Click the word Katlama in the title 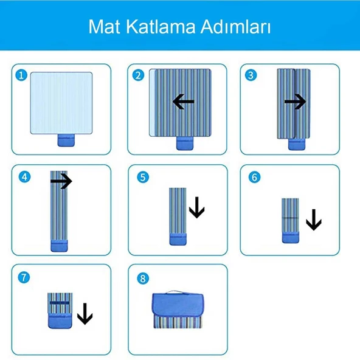tap(161, 26)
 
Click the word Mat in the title tap(104, 27)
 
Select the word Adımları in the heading tap(235, 26)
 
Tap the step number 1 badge tap(21, 75)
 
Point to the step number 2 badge tap(138, 75)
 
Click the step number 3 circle tap(251, 75)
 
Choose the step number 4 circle tap(24, 177)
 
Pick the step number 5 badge tap(143, 177)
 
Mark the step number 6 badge tap(254, 177)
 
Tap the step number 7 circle tap(24, 277)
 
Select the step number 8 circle tap(143, 279)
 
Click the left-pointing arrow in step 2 tap(184, 102)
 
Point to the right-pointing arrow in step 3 tap(295, 102)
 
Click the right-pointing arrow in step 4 tap(61, 181)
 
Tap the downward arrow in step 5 tap(197, 207)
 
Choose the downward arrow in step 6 tap(314, 220)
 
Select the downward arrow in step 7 tap(85, 314)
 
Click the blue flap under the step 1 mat tap(66, 140)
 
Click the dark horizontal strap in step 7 tap(60, 303)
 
